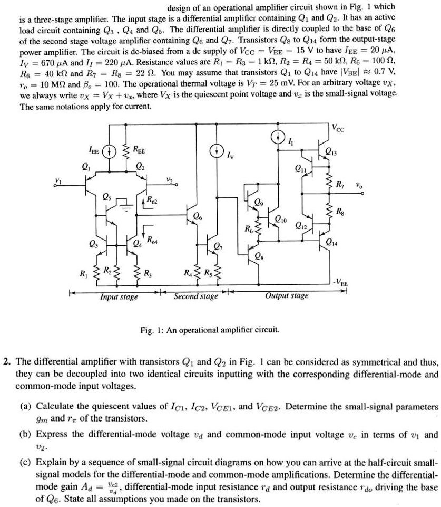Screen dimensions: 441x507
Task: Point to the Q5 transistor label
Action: click(106, 198)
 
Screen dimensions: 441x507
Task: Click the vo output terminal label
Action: click(358, 185)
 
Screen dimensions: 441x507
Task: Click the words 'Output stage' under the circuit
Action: click(287, 296)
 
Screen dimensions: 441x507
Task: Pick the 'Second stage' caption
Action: click(195, 296)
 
